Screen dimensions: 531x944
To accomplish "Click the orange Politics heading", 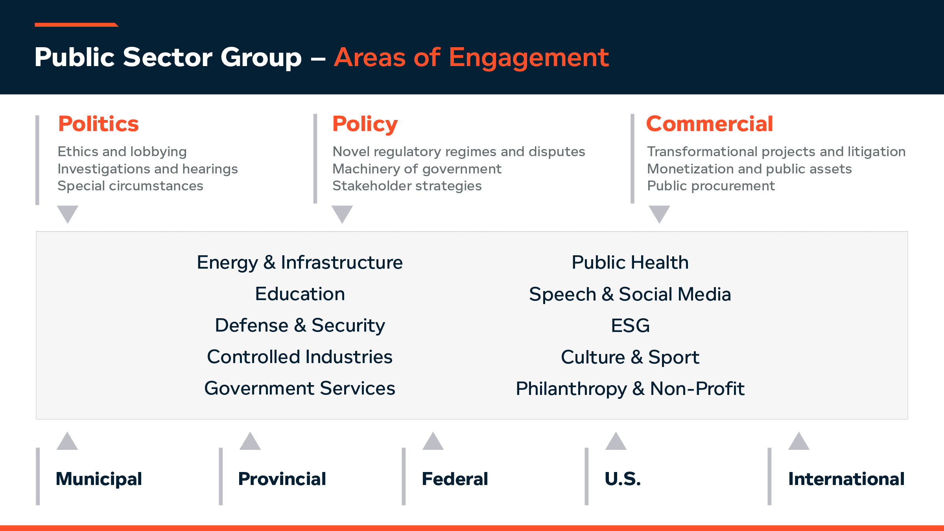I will [98, 124].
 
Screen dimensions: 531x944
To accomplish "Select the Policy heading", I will [365, 124].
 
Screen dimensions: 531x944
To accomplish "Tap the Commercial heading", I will [709, 124].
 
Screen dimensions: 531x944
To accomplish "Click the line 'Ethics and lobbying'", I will [122, 151].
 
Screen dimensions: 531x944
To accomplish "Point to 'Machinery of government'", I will [417, 169].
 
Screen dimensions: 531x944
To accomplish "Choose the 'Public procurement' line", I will [711, 186].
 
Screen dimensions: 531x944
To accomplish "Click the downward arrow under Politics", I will [68, 214].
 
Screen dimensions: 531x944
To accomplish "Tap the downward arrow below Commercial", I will [659, 214].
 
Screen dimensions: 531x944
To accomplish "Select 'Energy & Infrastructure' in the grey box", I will [300, 262].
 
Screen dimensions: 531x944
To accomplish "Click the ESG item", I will [630, 326].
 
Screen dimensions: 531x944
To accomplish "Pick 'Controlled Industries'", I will [300, 357].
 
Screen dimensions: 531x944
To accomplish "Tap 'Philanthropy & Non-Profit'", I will [630, 389].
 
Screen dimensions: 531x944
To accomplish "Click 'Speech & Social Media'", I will [630, 294].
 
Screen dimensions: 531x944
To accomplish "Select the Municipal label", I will [99, 479].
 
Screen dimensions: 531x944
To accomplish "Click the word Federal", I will [455, 479].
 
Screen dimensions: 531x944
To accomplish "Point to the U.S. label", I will [623, 479].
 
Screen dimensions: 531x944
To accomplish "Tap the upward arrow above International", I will [799, 442].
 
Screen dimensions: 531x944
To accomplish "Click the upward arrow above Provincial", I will [250, 442].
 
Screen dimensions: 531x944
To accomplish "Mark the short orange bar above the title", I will [76, 25].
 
